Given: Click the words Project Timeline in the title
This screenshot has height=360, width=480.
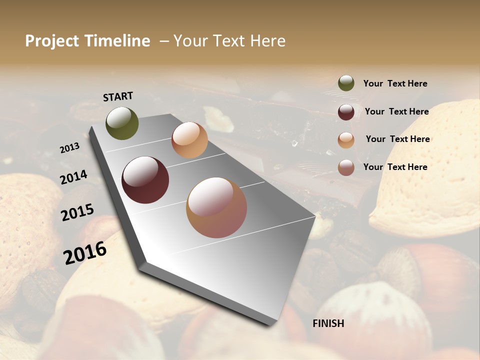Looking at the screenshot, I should (87, 41).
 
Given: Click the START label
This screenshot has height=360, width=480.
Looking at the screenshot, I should (118, 96).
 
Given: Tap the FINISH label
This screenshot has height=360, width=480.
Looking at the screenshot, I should (328, 323).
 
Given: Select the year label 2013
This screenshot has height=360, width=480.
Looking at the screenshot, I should (69, 148).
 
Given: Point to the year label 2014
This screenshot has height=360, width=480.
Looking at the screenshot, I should (74, 177).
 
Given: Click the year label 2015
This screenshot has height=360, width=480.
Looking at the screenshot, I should (77, 212).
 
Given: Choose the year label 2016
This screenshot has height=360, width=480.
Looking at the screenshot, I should (85, 252).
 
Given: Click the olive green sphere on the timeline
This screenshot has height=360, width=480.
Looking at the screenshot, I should (122, 123).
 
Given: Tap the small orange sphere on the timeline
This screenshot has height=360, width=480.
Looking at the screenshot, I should (189, 140).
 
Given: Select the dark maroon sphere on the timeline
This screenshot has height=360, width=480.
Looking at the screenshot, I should (145, 180).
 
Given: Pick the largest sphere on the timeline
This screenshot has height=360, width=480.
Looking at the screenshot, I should (216, 207).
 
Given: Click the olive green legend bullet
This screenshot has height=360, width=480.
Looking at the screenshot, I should (346, 83).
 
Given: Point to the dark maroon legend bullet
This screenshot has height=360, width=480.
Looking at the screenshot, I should (346, 112).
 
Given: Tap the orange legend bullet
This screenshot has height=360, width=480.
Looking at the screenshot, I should (346, 139).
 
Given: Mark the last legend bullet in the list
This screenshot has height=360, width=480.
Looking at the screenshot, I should (346, 167).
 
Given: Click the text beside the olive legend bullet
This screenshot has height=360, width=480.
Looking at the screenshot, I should (395, 83).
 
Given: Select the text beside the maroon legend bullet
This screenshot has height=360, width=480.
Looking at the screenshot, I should (396, 111).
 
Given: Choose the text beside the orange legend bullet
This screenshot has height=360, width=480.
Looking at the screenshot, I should (397, 139).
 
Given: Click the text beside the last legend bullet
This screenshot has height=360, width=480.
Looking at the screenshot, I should (395, 167).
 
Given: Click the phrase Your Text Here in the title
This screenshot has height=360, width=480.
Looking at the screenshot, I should (229, 41).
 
